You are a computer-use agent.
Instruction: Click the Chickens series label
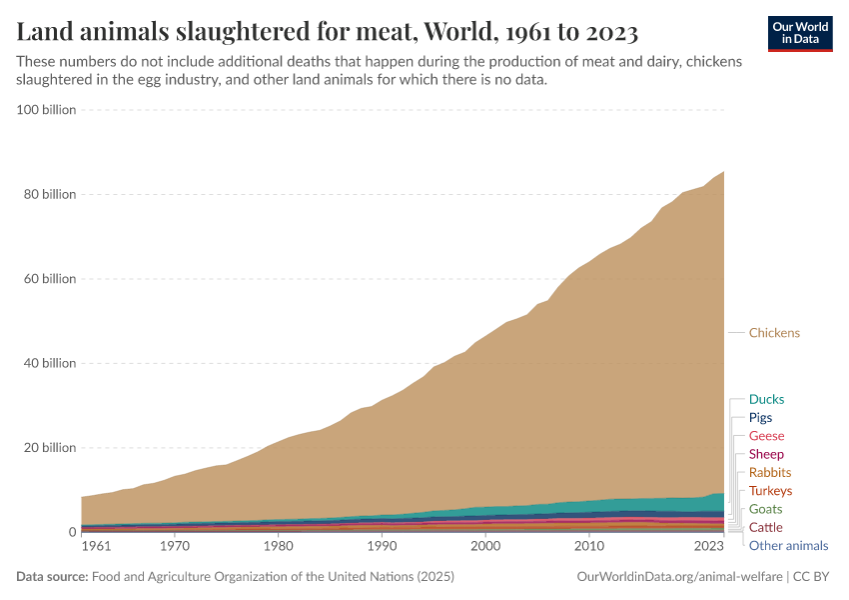pos(774,333)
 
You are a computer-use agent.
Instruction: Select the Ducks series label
pos(766,400)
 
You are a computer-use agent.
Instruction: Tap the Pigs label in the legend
pos(760,418)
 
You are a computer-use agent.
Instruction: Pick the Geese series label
pos(766,436)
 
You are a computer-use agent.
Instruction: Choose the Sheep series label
pos(766,455)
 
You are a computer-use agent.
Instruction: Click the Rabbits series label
pos(769,473)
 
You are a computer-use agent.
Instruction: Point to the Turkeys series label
pos(770,491)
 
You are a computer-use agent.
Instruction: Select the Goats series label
pos(766,509)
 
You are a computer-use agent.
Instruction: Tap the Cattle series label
pos(766,527)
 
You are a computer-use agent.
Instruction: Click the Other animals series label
pos(788,546)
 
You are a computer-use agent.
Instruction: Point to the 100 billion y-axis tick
pos(47,110)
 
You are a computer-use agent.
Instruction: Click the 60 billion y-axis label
pos(50,279)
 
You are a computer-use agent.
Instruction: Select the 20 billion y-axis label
pos(50,448)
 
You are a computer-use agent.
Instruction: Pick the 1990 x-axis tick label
pos(381,547)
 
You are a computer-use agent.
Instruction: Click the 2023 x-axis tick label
pos(708,547)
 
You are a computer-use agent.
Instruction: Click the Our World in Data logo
pos(800,33)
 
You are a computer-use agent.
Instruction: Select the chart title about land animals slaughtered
pos(328,33)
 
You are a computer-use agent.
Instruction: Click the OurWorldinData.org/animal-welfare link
pos(679,577)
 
